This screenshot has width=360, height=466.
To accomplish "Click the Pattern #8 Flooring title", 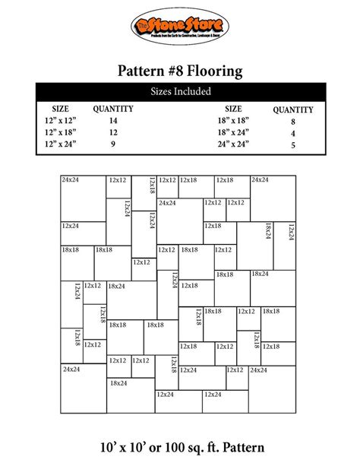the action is [180, 72].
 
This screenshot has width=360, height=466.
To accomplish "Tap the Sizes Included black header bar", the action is [180, 92].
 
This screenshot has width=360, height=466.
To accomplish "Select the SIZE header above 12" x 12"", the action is [60, 109].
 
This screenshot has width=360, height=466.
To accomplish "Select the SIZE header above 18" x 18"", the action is [233, 109].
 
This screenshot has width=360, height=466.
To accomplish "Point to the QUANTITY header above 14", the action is [113, 109].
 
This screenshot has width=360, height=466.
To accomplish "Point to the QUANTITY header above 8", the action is [292, 109].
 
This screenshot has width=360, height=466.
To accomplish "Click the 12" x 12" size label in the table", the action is [60, 120].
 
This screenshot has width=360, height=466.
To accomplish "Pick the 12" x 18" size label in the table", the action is [60, 132].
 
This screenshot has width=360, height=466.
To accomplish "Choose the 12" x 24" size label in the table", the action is [60, 144].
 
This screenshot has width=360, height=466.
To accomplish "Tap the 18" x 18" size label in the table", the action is [233, 120].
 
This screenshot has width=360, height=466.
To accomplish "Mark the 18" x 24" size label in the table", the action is [233, 132].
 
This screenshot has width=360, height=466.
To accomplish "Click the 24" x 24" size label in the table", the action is [233, 144].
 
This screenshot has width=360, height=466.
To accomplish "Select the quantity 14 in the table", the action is [113, 120].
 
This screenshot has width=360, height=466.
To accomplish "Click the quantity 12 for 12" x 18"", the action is [113, 132].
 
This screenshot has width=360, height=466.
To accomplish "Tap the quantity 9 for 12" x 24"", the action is [113, 144].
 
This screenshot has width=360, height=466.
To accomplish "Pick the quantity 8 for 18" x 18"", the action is [292, 121].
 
